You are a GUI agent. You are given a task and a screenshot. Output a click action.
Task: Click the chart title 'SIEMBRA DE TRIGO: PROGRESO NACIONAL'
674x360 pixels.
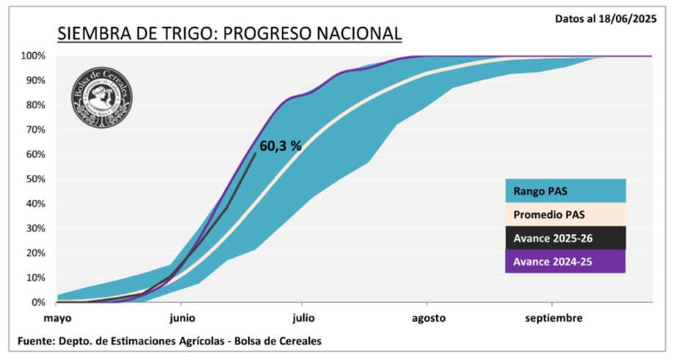coord(230,34)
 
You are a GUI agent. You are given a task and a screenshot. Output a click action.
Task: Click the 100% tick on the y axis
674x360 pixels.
coord(35,56)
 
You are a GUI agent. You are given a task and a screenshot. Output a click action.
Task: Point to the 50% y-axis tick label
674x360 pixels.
coord(37,179)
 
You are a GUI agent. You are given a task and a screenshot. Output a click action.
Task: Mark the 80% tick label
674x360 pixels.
coord(37,105)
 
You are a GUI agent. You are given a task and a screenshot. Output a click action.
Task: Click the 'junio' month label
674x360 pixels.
coord(181,319)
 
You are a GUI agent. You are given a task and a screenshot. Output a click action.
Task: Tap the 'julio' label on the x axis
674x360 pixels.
coord(302,319)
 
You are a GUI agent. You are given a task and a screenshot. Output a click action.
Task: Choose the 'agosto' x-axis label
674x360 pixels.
coord(428,319)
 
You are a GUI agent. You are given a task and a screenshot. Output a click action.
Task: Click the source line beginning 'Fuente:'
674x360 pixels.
coord(170,342)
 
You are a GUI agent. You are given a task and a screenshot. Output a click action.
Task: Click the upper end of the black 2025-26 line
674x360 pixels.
coord(255,153)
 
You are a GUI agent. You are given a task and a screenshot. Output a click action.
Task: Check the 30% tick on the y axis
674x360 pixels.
coord(37,228)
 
